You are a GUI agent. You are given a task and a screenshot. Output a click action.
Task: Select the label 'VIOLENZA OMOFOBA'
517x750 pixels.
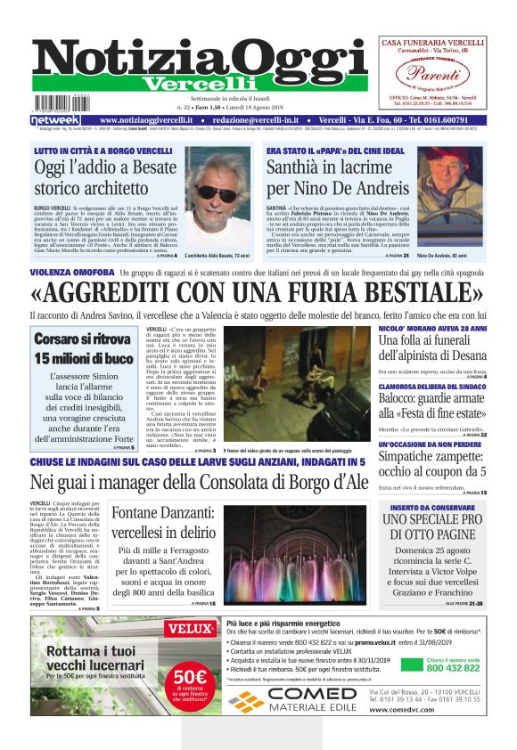66,271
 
